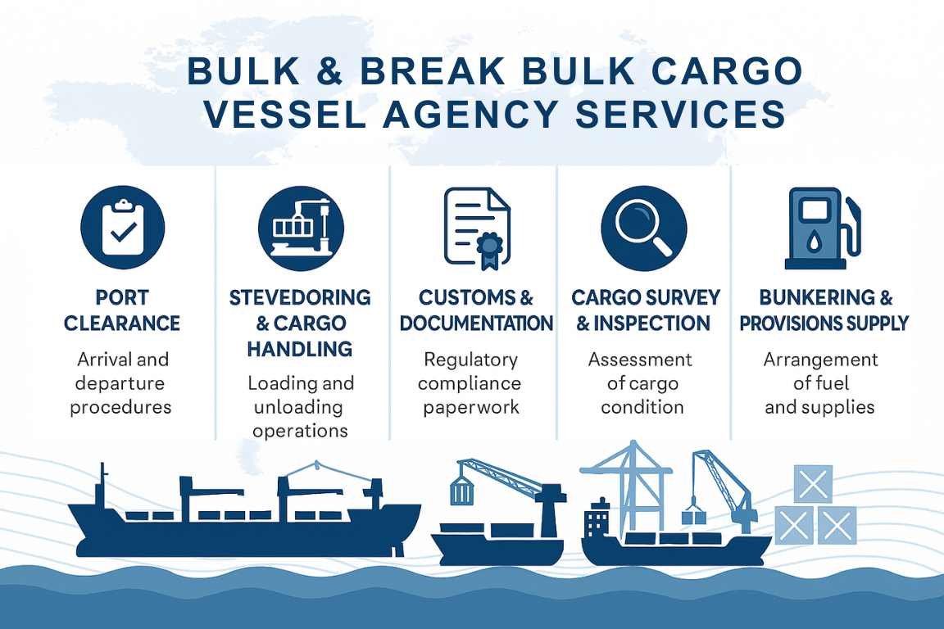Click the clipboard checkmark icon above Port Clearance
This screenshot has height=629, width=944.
pos(122,227)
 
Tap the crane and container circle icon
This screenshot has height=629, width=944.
pos(301,227)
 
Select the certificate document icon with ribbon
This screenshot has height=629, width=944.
pos(476,227)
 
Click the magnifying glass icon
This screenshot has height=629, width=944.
pos(642,227)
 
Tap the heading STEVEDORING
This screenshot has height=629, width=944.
pos(300,296)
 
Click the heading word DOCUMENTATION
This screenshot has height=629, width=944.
pos(476,324)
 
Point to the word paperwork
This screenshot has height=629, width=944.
pos(471,407)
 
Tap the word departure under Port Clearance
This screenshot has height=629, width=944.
pos(120,383)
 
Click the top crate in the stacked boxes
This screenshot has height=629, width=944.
pos(813,483)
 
